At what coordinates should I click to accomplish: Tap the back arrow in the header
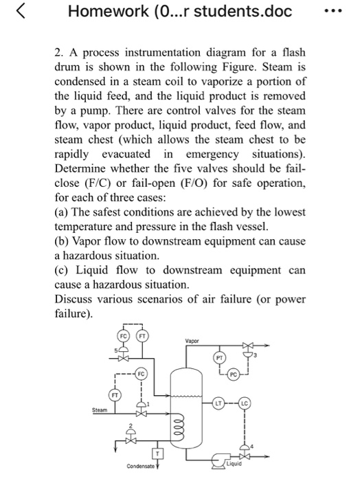(x=19, y=12)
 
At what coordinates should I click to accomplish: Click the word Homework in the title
(x=102, y=12)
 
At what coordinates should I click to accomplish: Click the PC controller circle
(x=234, y=374)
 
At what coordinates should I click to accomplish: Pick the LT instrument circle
(x=218, y=401)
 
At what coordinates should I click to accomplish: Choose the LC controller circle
(x=245, y=401)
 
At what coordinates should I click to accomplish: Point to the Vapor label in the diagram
(x=191, y=340)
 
